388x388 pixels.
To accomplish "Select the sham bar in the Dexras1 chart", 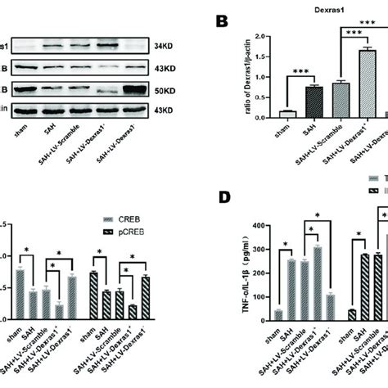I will coord(264,115).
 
